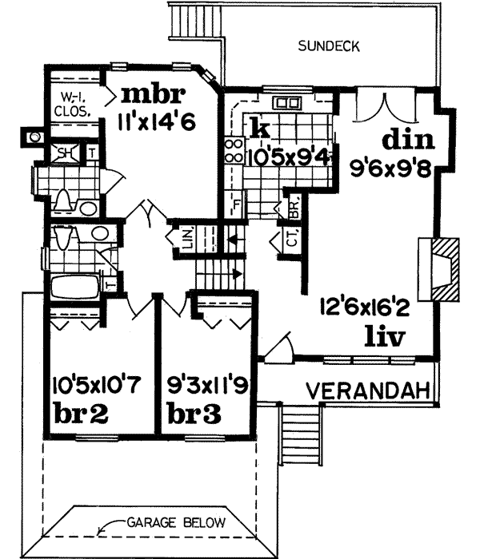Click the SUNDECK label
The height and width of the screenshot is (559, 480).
(329, 46)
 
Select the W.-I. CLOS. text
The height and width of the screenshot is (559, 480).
(72, 104)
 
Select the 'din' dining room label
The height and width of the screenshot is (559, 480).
(407, 141)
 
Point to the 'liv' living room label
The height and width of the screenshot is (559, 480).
(386, 336)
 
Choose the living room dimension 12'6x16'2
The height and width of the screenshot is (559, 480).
(365, 306)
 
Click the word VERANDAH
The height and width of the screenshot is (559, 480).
(370, 391)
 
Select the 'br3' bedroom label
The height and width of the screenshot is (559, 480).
(195, 414)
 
